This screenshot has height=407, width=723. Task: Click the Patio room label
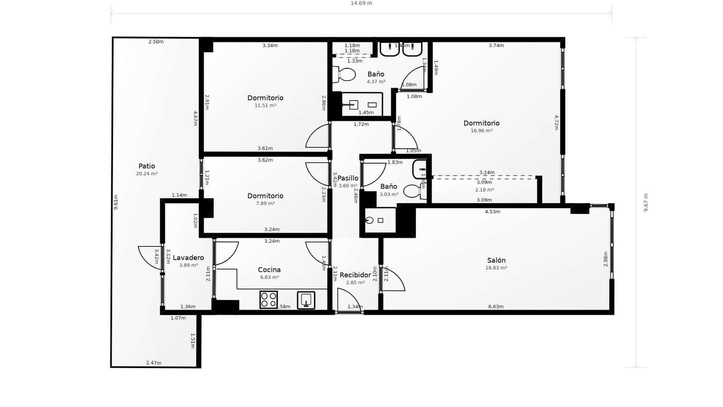146,166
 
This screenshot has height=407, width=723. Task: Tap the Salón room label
496,260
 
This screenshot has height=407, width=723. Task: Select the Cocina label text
269,270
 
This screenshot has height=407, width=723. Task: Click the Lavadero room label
188,258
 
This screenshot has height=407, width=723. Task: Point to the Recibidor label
355,275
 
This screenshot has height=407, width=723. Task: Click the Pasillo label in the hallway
348,178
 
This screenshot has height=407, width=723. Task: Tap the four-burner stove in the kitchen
268,300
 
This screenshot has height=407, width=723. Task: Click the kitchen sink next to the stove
306,300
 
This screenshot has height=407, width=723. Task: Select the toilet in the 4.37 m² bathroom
344,75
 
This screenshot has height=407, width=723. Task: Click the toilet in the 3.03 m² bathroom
413,191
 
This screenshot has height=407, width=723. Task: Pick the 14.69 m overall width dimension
361,3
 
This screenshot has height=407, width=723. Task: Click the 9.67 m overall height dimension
646,203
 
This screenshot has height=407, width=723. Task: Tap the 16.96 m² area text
481,131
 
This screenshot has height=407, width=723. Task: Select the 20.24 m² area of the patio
146,174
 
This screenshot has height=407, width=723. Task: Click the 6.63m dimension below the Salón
496,307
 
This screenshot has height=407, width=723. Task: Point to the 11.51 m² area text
265,105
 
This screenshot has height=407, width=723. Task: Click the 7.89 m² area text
265,203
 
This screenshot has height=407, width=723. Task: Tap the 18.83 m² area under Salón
496,268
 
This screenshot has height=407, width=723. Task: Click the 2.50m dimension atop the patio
156,42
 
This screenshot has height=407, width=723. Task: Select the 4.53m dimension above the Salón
492,212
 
